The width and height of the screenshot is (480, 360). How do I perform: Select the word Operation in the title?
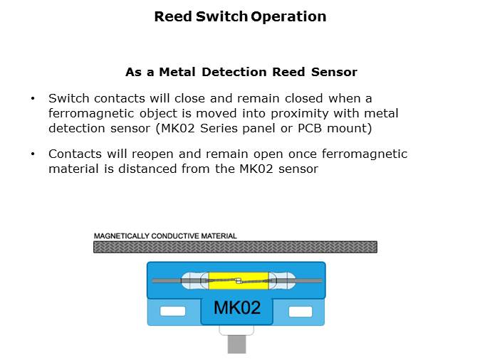pyautogui.click(x=288, y=16)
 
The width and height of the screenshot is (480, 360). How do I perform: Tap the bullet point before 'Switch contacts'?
pyautogui.click(x=32, y=98)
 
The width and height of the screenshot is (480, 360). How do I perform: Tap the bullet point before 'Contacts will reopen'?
pyautogui.click(x=32, y=154)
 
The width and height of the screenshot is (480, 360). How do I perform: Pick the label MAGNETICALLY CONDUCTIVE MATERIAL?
pyautogui.click(x=165, y=235)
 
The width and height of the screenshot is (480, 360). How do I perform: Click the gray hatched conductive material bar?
pyautogui.click(x=235, y=247)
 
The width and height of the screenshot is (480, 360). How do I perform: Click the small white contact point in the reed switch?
pyautogui.click(x=239, y=280)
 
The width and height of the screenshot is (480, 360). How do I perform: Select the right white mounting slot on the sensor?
pyautogui.click(x=300, y=311)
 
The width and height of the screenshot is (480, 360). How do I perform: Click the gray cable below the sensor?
pyautogui.click(x=236, y=344)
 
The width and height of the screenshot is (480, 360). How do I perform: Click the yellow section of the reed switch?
pyautogui.click(x=221, y=280)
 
